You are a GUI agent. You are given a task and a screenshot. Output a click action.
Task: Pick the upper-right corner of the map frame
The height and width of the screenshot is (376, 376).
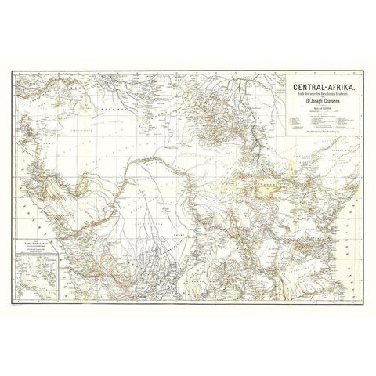362,70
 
